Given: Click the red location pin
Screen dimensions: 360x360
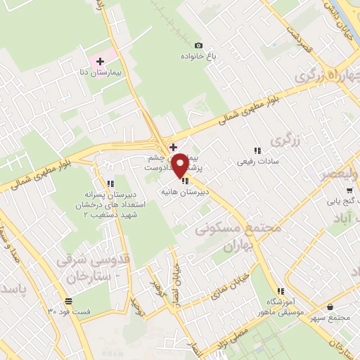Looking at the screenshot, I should coord(180,164).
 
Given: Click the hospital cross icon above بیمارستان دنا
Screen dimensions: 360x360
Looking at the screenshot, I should coord(100,62).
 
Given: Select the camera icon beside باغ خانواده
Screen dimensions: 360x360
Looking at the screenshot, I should coord(198,46).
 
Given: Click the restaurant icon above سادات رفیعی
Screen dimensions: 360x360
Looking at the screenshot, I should coord(257,150).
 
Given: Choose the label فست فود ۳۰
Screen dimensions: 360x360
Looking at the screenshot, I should coord(69,311).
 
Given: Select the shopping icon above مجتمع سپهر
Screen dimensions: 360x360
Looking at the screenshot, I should coord(331,307).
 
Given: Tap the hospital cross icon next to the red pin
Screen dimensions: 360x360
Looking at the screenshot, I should coord(174,146).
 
